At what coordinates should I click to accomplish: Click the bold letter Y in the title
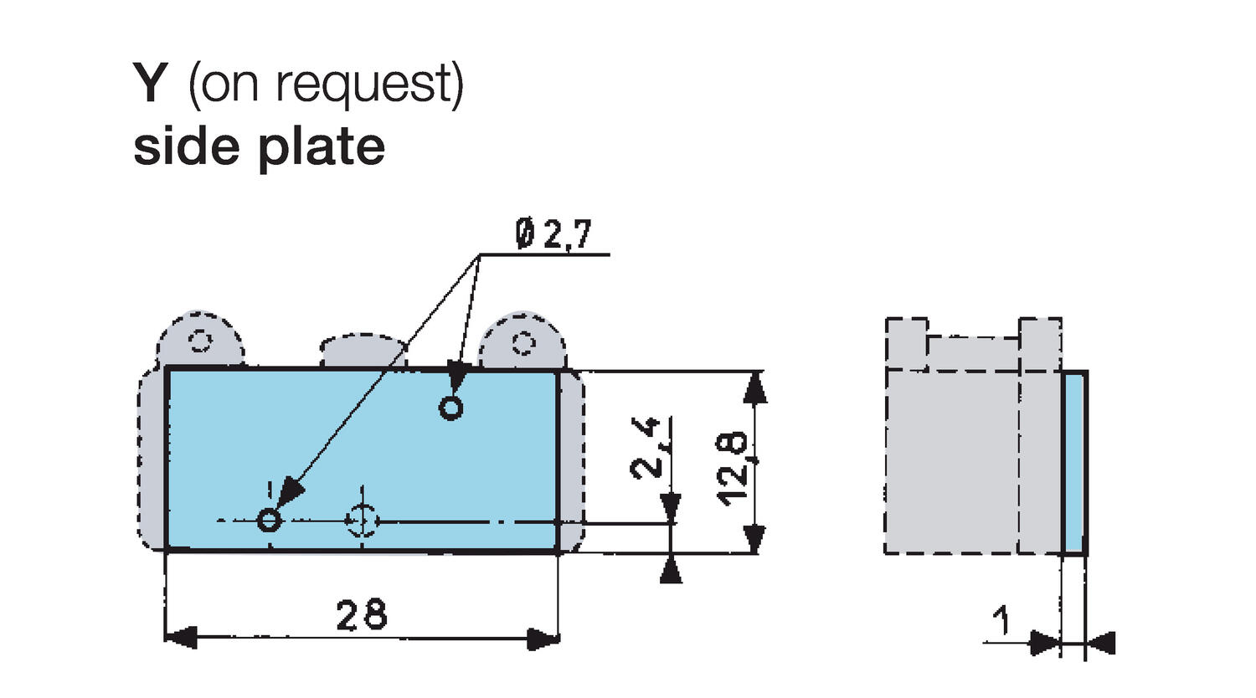tap(151, 85)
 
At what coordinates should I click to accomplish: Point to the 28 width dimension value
tap(362, 615)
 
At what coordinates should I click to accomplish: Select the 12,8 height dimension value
tap(734, 467)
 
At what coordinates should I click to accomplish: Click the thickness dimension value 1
tap(1001, 623)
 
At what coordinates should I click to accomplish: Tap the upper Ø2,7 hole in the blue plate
tap(451, 408)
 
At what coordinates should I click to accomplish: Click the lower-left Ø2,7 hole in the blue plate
tap(269, 521)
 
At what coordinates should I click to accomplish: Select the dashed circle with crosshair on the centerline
tap(362, 521)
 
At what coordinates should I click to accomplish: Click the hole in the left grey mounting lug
tap(200, 341)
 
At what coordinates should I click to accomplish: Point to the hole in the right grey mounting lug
tap(524, 342)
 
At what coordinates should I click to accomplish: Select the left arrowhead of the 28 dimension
tap(179, 638)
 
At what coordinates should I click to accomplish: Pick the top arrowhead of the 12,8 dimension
tap(755, 387)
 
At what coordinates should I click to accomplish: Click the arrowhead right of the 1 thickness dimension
tap(1103, 643)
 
